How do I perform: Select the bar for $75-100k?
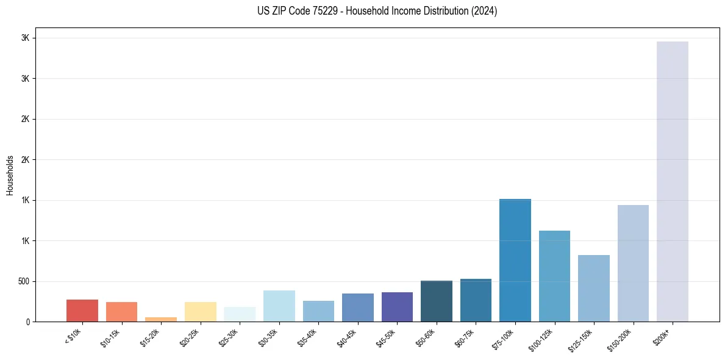point(515,260)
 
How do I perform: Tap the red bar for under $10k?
point(82,311)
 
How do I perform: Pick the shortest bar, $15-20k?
point(161,319)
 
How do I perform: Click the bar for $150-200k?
point(633,263)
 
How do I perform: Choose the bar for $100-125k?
point(554,276)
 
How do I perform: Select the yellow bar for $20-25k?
point(201,312)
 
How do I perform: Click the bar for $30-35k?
point(279,306)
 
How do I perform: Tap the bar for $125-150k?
point(593,288)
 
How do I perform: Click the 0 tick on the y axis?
point(27,322)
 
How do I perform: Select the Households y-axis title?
point(10,175)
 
